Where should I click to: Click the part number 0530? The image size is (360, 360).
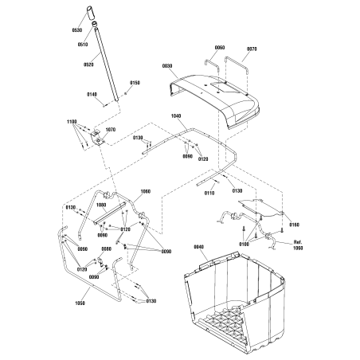[76, 29]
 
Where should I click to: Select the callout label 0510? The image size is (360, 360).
[82, 45]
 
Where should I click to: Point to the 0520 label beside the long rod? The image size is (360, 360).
[88, 65]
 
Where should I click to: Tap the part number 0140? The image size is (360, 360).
[92, 95]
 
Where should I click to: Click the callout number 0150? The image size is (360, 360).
[135, 83]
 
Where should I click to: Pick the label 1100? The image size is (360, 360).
[72, 122]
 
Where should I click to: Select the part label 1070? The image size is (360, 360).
[110, 129]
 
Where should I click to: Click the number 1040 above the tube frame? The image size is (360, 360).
[177, 115]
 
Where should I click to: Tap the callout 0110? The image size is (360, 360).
[209, 194]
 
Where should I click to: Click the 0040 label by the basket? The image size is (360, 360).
[198, 248]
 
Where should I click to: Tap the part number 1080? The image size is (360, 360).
[100, 205]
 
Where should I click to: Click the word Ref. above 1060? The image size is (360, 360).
[298, 241]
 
